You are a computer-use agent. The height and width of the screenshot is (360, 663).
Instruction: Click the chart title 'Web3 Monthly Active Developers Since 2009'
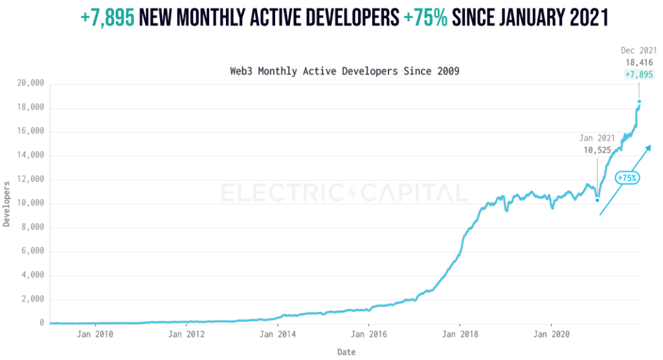coord(344,71)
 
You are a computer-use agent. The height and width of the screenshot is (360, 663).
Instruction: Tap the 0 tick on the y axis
coord(41,323)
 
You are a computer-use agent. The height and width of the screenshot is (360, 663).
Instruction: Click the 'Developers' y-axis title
coord(7,203)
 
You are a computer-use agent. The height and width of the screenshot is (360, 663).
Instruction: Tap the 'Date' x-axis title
coord(346,352)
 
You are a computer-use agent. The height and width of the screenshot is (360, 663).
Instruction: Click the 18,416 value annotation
coord(639,63)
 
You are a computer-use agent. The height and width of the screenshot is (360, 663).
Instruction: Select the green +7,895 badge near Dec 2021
coord(638,75)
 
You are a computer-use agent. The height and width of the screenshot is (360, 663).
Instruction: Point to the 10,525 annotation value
coord(596,150)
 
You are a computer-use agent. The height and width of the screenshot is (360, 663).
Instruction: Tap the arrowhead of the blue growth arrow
coord(647,148)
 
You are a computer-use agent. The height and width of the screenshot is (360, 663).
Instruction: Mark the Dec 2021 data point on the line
coord(639,101)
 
